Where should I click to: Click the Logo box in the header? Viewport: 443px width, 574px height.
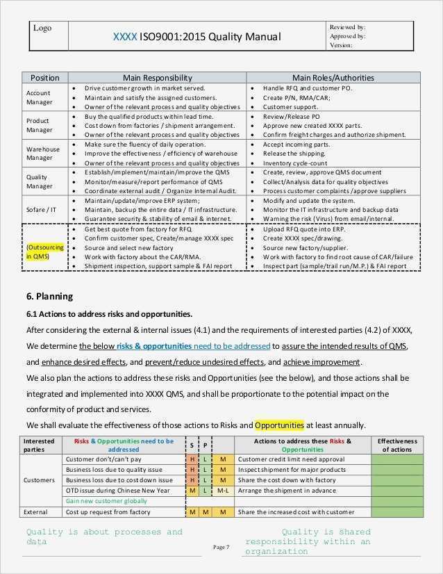49,35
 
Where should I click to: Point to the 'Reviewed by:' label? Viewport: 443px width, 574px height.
348,26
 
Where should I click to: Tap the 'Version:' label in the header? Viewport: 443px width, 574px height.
341,45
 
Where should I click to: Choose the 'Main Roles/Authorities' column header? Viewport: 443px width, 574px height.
333,78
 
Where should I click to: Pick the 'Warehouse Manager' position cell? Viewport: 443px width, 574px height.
43,154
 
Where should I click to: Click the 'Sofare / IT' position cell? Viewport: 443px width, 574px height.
42,209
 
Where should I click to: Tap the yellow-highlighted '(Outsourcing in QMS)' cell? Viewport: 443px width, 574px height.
45,252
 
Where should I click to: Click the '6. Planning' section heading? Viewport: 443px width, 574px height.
50,296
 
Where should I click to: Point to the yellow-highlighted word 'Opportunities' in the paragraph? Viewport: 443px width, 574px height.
279,425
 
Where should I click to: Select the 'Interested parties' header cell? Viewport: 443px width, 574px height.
39,445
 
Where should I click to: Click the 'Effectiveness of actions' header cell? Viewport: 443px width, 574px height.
397,445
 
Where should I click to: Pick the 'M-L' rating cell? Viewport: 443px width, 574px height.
223,491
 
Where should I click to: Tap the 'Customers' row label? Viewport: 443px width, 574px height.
40,480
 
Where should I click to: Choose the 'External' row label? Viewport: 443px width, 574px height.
35,512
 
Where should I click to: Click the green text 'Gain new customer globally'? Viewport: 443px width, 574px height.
106,501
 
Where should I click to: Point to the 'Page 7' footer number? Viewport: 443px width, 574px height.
221,548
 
